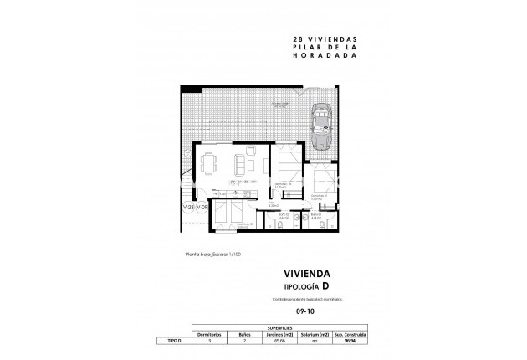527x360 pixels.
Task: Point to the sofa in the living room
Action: [x=241, y=164]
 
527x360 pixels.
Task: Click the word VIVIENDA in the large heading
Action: [x=306, y=273]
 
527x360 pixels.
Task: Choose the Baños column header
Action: [x=245, y=334]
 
